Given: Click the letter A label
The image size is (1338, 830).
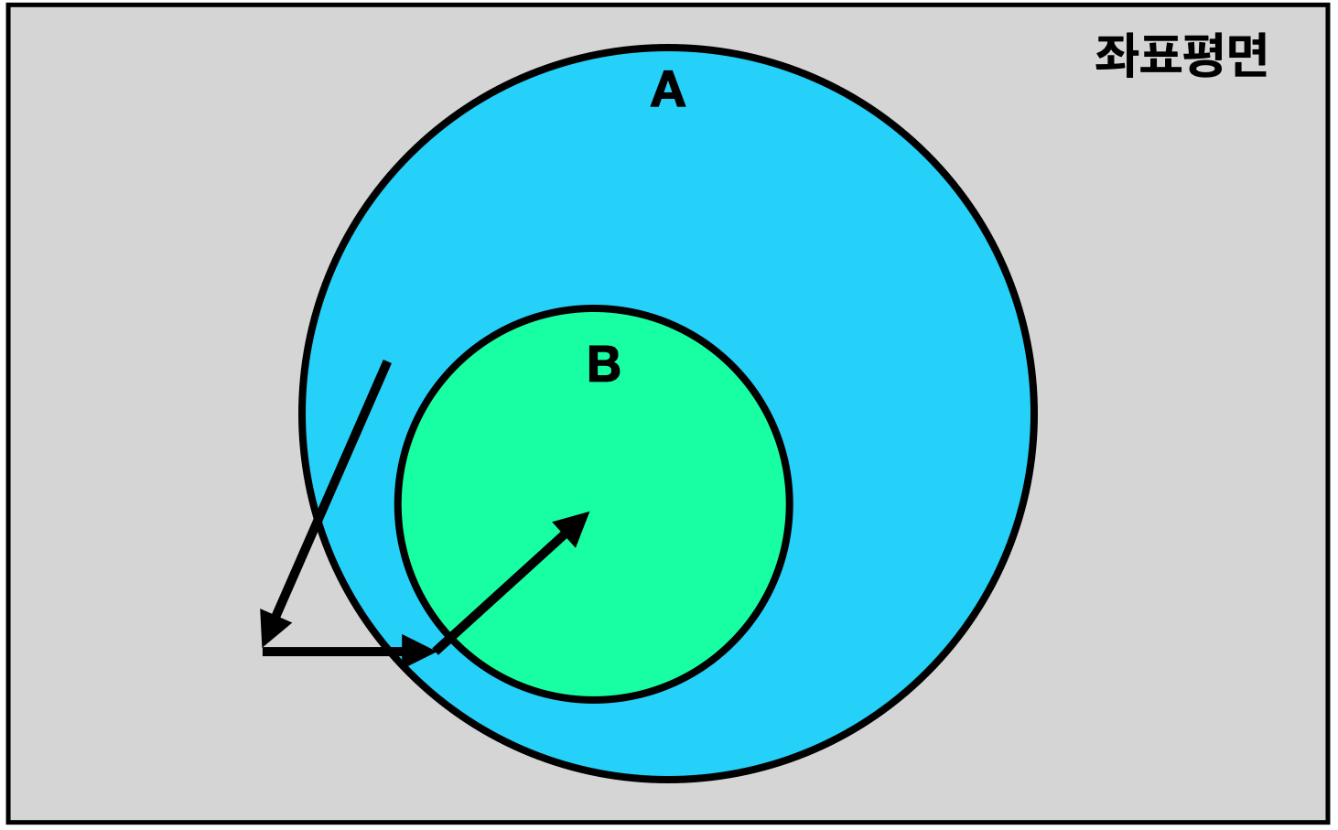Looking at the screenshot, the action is click(x=668, y=89).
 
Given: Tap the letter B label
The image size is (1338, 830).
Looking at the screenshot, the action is click(x=604, y=363).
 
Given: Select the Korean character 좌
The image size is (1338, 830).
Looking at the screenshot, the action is click(x=1116, y=56).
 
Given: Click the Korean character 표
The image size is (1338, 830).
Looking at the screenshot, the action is click(x=1160, y=56).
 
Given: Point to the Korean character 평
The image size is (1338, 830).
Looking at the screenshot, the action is click(x=1204, y=56).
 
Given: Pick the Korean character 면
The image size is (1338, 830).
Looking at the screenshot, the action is click(x=1246, y=56).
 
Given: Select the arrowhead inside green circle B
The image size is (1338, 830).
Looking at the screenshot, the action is click(x=575, y=525).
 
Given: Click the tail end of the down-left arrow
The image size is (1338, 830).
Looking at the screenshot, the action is click(x=386, y=361).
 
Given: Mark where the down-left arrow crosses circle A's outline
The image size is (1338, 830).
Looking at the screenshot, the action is click(x=318, y=522).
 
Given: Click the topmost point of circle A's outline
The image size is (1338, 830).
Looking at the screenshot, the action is click(x=668, y=48).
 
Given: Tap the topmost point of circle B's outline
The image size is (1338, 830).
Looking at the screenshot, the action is click(x=593, y=308).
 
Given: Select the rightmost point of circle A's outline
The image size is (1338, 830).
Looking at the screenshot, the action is click(x=1033, y=414).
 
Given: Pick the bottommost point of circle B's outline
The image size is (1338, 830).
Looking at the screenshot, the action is click(x=593, y=699).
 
